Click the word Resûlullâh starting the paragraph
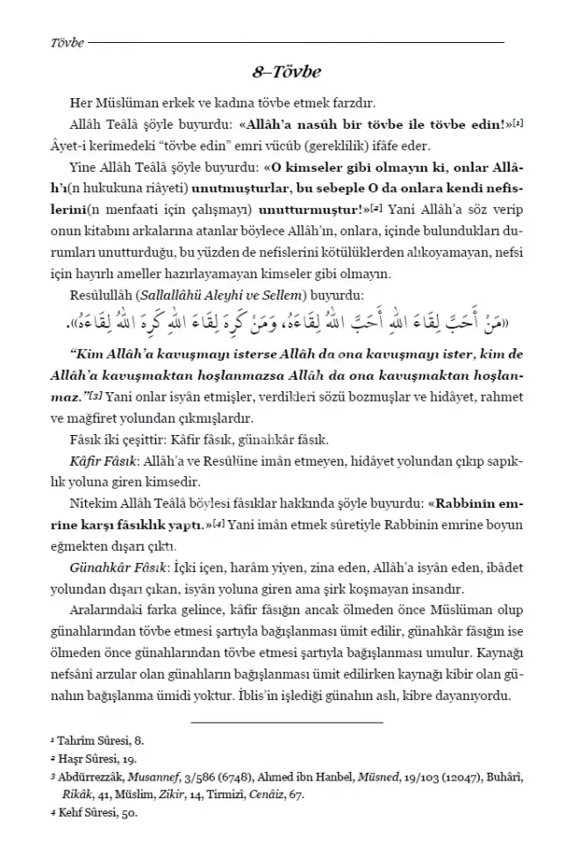(98, 296)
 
